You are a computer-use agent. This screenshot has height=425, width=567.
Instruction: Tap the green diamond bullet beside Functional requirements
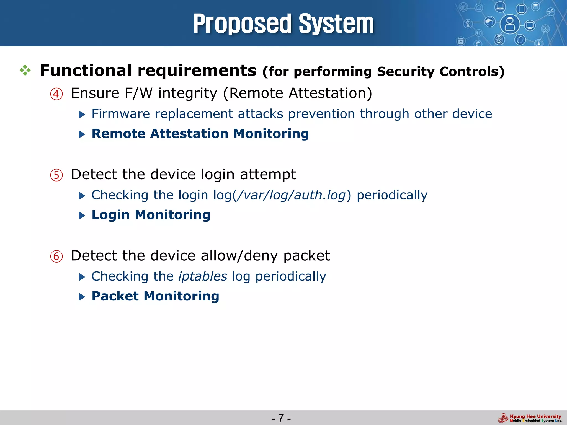[x=25, y=71]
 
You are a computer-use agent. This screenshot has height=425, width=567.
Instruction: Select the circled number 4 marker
[x=56, y=94]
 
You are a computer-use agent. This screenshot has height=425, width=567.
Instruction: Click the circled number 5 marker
[x=56, y=175]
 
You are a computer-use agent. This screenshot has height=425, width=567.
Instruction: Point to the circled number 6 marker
[x=56, y=256]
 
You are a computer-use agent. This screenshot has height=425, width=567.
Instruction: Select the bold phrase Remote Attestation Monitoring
[x=200, y=134]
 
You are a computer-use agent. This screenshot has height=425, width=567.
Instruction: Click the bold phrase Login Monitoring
[x=151, y=215]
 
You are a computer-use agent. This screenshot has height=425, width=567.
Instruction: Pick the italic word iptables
[x=203, y=276]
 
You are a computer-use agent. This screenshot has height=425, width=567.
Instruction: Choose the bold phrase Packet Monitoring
[x=155, y=296]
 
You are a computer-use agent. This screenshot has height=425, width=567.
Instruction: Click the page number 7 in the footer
[x=281, y=418]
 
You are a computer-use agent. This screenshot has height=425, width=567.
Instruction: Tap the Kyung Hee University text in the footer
[x=535, y=416]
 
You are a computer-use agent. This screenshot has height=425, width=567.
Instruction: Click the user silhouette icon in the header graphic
[x=510, y=24]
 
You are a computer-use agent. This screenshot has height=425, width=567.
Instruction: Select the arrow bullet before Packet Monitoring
[x=82, y=297]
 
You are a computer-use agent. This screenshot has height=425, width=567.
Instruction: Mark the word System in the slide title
[x=336, y=24]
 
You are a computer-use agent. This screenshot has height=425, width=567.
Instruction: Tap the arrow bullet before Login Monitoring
[x=82, y=216]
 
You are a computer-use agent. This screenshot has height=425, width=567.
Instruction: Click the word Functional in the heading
[x=86, y=70]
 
